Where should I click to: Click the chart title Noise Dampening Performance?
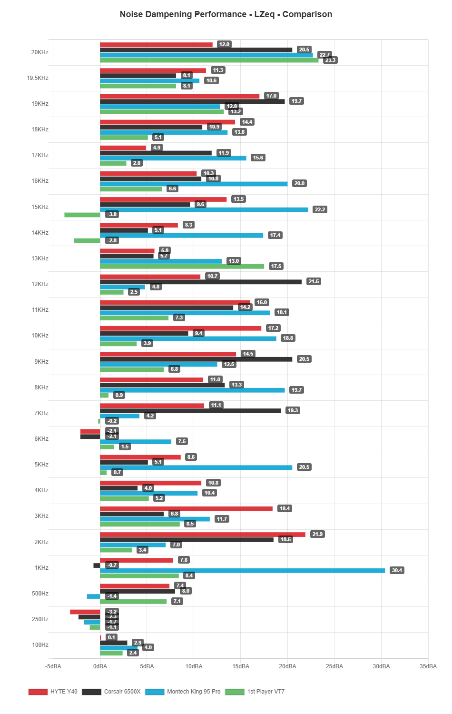pyautogui.click(x=226, y=14)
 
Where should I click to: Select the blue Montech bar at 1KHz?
pyautogui.click(x=242, y=570)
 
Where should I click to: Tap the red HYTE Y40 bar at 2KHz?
pyautogui.click(x=202, y=534)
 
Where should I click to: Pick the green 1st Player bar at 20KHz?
pyautogui.click(x=209, y=60)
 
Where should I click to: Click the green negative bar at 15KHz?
pyautogui.click(x=82, y=215)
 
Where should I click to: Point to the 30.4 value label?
pyautogui.click(x=397, y=570)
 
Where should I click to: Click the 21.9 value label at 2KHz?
pyautogui.click(x=317, y=534)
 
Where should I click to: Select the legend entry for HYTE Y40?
pyautogui.click(x=53, y=692)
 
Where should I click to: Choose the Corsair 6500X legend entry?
pyautogui.click(x=111, y=692)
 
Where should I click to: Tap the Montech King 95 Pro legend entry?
pyautogui.click(x=183, y=692)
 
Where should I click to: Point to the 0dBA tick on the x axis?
pyautogui.click(x=100, y=666)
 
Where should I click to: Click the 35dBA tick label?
pyautogui.click(x=428, y=666)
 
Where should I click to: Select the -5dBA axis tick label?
pyautogui.click(x=53, y=666)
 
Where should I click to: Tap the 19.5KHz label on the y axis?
pyautogui.click(x=38, y=78)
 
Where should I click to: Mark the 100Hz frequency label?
pyautogui.click(x=40, y=645)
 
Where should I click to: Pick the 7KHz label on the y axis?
pyautogui.click(x=41, y=413)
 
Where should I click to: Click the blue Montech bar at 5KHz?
pyautogui.click(x=196, y=467)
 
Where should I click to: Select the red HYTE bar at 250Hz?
pyautogui.click(x=85, y=612)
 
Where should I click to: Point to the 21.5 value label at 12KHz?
pyautogui.click(x=314, y=282)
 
